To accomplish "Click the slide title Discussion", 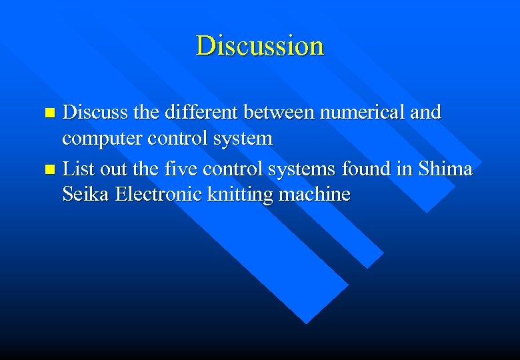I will (260, 46).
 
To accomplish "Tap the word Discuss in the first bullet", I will (95, 112).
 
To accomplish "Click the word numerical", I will (360, 112).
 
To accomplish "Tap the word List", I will (77, 169).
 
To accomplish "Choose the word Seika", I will (86, 195).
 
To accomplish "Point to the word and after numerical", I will (426, 112).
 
